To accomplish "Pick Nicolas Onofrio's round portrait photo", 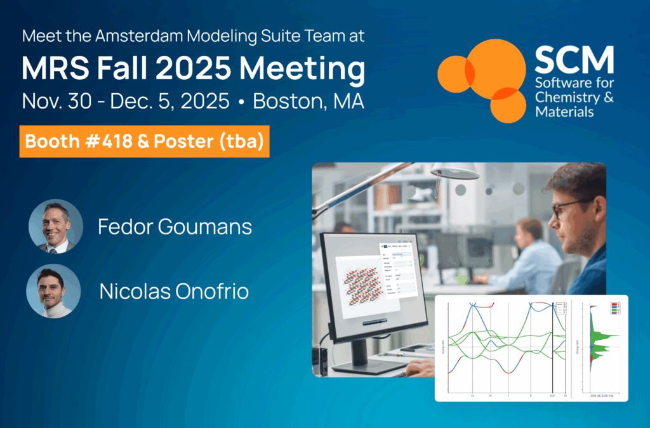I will coord(53,290).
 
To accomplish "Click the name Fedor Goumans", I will coord(175,227).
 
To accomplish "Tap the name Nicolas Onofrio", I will coord(174,291).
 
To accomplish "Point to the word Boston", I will coord(289,101).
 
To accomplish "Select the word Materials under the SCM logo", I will coord(564,112).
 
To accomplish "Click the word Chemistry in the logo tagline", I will coord(565,98).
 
